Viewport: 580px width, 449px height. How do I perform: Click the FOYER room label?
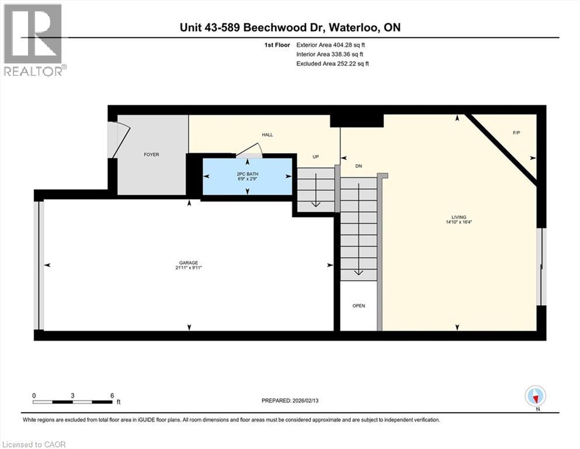tap(151, 154)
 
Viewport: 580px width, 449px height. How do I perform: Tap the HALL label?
tap(267, 134)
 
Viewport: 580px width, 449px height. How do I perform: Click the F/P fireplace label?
tap(516, 133)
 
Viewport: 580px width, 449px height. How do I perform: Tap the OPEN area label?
tap(358, 306)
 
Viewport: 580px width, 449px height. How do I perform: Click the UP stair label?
tap(315, 157)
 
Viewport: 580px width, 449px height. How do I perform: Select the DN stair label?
tap(359, 166)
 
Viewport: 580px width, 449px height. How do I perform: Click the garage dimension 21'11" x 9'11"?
tap(189, 268)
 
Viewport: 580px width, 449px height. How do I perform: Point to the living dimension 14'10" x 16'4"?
tap(458, 222)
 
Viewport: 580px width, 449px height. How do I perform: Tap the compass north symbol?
tap(536, 396)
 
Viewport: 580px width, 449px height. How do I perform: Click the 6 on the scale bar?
tap(111, 395)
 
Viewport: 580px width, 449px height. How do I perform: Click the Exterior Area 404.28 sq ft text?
tap(332, 44)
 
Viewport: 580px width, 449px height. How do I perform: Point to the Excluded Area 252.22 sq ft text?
tap(332, 63)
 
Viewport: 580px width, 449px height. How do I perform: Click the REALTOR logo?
tap(34, 40)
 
